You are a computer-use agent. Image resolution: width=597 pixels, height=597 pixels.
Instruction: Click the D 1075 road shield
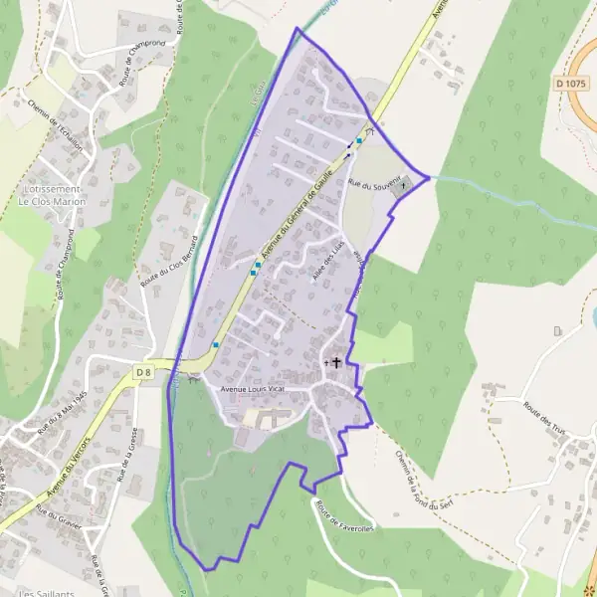571,84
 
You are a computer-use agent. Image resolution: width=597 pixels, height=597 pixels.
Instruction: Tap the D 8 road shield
143,372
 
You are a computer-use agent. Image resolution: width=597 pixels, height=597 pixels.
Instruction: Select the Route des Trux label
545,410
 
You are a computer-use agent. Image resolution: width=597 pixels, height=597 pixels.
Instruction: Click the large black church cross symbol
336,363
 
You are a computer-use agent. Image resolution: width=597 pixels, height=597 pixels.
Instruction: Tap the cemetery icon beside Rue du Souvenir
404,184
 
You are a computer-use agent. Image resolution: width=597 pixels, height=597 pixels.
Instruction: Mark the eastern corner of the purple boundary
429,177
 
